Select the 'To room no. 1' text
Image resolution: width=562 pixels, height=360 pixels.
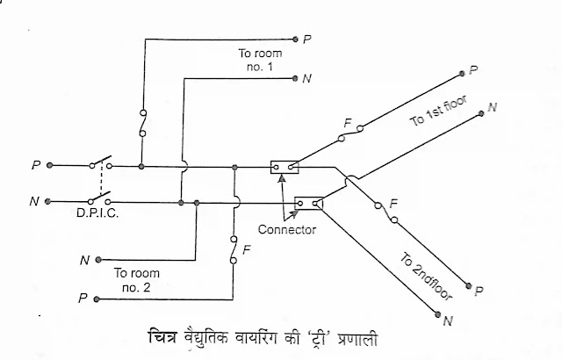257,60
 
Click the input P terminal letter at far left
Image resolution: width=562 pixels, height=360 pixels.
35,164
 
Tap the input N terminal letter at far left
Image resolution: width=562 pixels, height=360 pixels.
33,201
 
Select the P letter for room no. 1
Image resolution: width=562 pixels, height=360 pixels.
307,39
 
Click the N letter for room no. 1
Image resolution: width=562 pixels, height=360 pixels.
306,79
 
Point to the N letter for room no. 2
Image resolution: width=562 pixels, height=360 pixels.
83,261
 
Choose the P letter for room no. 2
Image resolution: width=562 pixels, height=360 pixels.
83,299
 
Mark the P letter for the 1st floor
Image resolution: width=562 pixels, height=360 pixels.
473,69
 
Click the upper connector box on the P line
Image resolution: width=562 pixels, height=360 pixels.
284,165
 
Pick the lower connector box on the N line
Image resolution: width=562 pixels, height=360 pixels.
309,203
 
